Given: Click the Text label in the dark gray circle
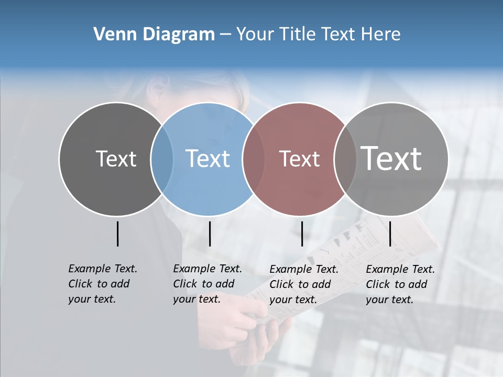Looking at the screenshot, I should click(116, 159).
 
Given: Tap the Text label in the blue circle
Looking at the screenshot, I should click(207, 159).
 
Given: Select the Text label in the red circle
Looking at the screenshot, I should click(299, 159).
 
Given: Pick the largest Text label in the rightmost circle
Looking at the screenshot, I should click(391, 159).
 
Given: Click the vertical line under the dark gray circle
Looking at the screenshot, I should click(117, 234).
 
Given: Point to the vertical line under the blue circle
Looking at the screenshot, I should click(210, 234).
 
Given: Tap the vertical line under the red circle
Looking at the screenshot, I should click(302, 234).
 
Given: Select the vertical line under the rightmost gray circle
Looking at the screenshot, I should click(390, 234).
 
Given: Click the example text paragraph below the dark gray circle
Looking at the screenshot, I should click(103, 284).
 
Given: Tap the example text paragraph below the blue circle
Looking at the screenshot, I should click(207, 284).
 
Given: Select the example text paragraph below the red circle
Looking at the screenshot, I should click(304, 284).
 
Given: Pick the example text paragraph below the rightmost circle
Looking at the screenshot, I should click(400, 284).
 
